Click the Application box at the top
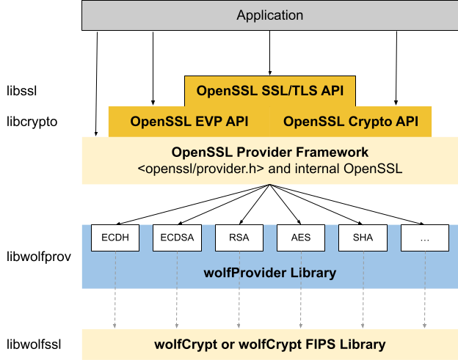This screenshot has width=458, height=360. [x=269, y=15]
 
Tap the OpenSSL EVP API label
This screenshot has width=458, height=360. [x=189, y=122]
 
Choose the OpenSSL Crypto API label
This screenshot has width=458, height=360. [x=350, y=122]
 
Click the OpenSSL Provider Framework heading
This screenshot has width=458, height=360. [x=269, y=153]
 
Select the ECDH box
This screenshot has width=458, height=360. [x=115, y=238]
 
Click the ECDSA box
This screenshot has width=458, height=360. [x=177, y=238]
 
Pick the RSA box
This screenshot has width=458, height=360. [x=239, y=238]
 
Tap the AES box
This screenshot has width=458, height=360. [x=301, y=238]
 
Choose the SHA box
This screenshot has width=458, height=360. [x=363, y=238]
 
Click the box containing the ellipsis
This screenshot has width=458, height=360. [x=424, y=238]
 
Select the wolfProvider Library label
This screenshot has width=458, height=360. [x=269, y=273]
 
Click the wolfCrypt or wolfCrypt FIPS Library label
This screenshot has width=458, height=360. [x=269, y=344]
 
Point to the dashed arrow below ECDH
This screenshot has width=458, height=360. [x=115, y=308]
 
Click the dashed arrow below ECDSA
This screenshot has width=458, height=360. [x=177, y=308]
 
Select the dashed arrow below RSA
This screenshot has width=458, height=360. [x=239, y=308]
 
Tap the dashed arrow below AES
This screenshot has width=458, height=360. [x=301, y=308]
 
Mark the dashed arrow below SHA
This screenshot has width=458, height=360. [x=363, y=308]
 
